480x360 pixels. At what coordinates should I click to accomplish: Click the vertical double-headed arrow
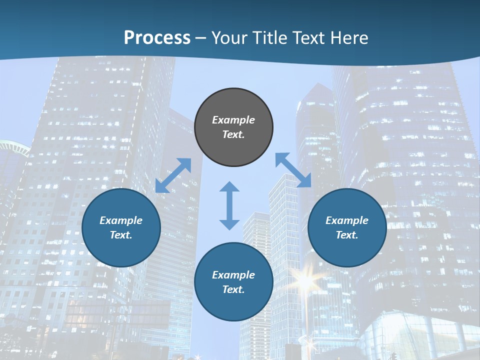point(229,205)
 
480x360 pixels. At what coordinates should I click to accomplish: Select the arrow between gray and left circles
point(173,175)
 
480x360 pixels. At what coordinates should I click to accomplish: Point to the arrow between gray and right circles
point(293,170)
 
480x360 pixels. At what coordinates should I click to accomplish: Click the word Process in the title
point(157,37)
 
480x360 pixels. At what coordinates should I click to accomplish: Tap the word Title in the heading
point(268,37)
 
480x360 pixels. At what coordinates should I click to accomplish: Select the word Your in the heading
point(229,37)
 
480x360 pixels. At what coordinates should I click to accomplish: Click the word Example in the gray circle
point(233,120)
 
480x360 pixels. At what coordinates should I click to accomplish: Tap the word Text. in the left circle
point(121,235)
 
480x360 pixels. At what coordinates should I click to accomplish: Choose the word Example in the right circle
point(347,220)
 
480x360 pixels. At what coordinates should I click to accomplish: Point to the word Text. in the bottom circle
point(233,289)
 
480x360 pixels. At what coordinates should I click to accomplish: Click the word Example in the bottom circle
point(233,275)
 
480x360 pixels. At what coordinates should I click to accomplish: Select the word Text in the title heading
point(308,37)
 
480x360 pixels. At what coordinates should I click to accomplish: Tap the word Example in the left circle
point(121,220)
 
